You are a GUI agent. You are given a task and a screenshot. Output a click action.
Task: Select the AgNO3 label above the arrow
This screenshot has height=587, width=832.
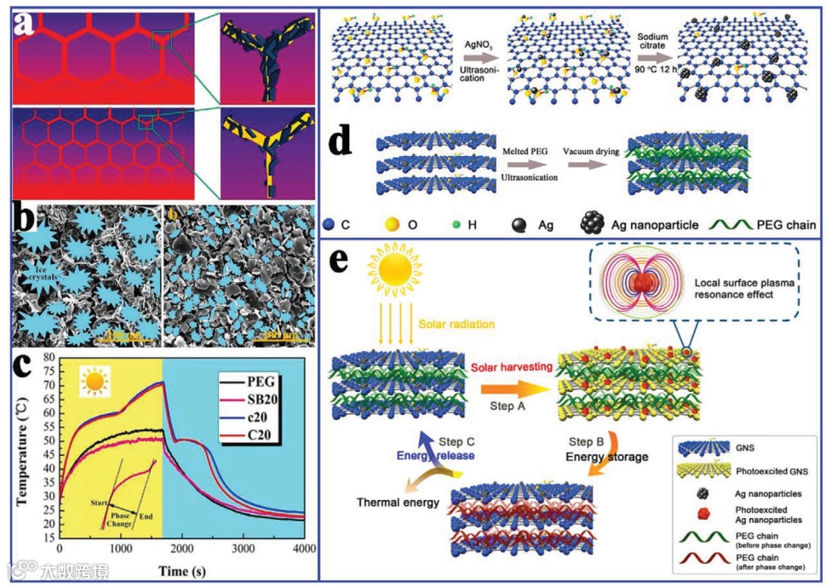(x=477, y=54)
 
